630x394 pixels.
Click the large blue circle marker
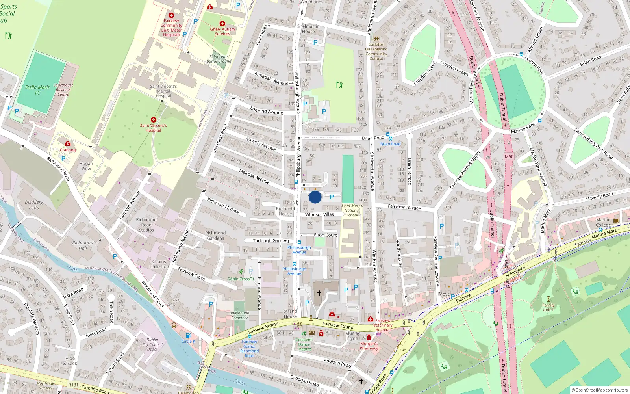pos(315,197)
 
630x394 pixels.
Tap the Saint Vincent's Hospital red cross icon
pos(154,120)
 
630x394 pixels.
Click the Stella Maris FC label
pos(37,90)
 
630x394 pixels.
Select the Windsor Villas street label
pos(319,215)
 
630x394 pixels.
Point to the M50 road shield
pos(509,156)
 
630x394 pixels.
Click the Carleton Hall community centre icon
pos(376,39)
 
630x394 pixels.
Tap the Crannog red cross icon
pos(68,144)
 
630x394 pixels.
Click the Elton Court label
pos(325,235)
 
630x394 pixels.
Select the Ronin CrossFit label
pos(241,279)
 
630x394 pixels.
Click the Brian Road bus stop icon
pos(389,135)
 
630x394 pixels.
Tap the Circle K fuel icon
pos(188,335)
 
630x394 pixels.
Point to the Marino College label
pos(603,223)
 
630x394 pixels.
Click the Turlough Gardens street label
pos(271,241)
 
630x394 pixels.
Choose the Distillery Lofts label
pos(34,205)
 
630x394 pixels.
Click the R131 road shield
pos(73,385)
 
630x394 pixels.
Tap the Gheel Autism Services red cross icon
pos(222,24)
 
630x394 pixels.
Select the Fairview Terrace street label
pos(404,207)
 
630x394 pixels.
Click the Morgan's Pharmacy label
pos(369,346)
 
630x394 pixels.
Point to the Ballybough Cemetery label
pos(239,316)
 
